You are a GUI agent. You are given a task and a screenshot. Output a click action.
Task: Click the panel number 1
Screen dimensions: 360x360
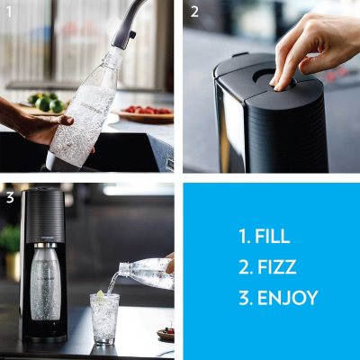[10, 12]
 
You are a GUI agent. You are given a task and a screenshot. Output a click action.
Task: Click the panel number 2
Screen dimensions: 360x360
[193, 12]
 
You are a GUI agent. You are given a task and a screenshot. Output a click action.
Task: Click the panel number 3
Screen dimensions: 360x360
[10, 195]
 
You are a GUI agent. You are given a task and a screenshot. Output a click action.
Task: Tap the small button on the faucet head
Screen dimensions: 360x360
[131, 35]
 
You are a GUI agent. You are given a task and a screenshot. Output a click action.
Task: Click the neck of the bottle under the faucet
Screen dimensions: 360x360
[115, 55]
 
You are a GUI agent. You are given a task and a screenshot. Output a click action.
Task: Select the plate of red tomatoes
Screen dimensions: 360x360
[145, 113]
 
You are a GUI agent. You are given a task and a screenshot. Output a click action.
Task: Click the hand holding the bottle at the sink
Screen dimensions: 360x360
[45, 126]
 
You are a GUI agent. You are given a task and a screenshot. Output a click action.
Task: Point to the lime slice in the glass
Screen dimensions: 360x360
[100, 297]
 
